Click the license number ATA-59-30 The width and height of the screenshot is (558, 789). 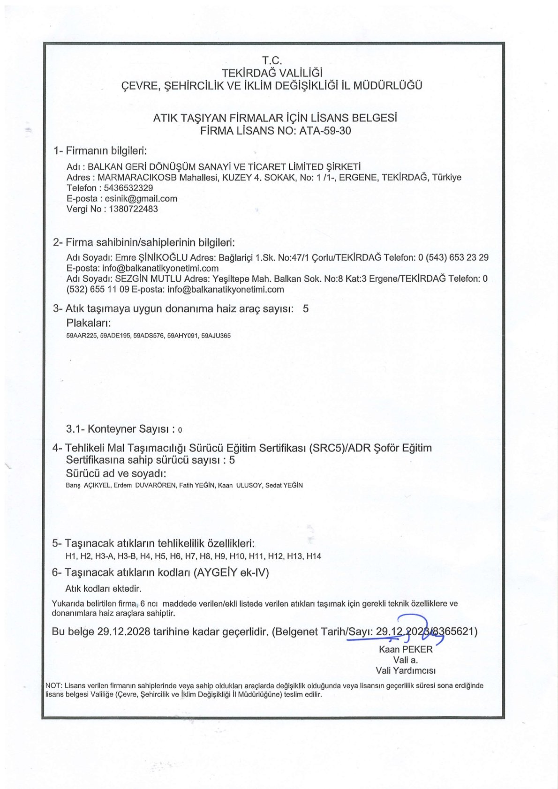coord(325,131)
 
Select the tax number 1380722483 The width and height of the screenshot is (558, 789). coord(134,209)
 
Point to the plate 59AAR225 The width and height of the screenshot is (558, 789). coord(82,336)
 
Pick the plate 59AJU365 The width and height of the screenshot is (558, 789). coord(216,336)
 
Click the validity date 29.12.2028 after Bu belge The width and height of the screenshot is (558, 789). coord(124,631)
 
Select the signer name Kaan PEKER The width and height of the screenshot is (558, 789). coord(406,649)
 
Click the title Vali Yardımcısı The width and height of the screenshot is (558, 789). coord(406,670)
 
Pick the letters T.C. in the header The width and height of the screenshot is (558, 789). coord(272,60)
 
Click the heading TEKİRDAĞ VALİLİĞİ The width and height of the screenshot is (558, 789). coord(272,73)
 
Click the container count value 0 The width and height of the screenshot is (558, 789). coord(181,430)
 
